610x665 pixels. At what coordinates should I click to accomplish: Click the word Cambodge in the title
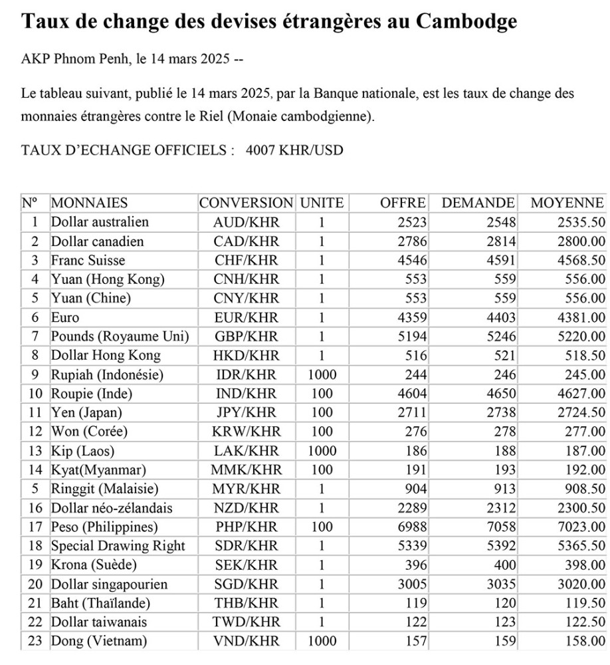pyautogui.click(x=466, y=22)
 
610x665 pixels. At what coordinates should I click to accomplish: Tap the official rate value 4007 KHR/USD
pyautogui.click(x=294, y=150)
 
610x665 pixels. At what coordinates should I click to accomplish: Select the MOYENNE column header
pyautogui.click(x=567, y=203)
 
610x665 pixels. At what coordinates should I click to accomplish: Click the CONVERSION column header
pyautogui.click(x=246, y=203)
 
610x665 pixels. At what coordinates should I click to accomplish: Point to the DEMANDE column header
pyautogui.click(x=478, y=203)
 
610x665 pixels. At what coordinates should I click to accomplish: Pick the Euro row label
pyautogui.click(x=65, y=317)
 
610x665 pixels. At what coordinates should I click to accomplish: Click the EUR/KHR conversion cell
pyautogui.click(x=246, y=317)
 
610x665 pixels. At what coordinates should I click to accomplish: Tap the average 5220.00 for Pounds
pyautogui.click(x=581, y=336)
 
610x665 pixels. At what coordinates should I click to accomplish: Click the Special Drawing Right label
pyautogui.click(x=118, y=546)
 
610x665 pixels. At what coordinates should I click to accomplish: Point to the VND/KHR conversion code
pyautogui.click(x=246, y=641)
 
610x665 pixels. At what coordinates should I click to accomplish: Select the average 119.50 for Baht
pyautogui.click(x=584, y=603)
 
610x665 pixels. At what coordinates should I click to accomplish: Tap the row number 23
pyautogui.click(x=35, y=641)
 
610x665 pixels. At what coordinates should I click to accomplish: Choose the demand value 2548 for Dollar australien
pyautogui.click(x=500, y=222)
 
